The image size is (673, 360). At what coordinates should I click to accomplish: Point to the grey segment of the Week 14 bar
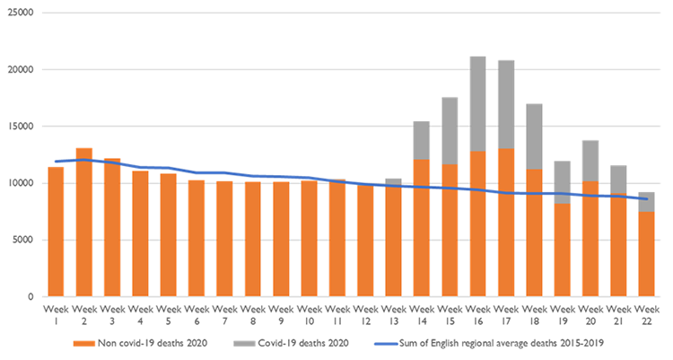point(421,140)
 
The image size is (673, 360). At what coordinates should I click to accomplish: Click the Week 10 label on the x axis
point(308,313)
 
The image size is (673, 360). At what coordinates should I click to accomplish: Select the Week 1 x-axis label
point(55,313)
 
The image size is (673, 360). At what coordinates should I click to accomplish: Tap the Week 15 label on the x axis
point(449,313)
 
